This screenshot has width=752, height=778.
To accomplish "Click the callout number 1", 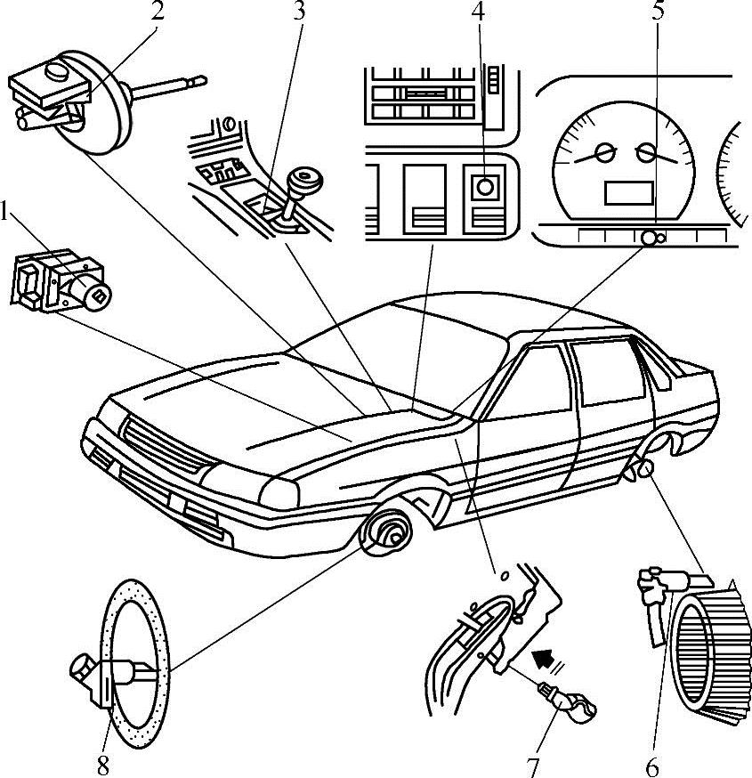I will tap(7, 211).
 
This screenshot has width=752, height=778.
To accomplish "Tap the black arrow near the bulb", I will tap(546, 661).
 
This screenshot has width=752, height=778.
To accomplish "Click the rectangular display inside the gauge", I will tap(629, 192).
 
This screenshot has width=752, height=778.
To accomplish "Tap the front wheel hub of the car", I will tap(391, 535).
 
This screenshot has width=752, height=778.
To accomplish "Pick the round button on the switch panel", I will tap(485, 188).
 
